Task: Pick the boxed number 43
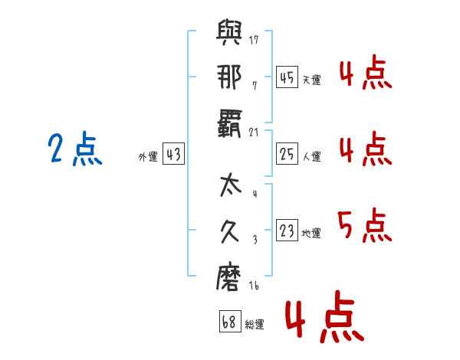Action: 173,155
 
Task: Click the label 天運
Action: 311,80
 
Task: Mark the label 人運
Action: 311,157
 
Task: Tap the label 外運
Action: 148,157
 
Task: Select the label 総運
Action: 254,325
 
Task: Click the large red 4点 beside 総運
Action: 323,319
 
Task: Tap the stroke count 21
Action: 254,132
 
